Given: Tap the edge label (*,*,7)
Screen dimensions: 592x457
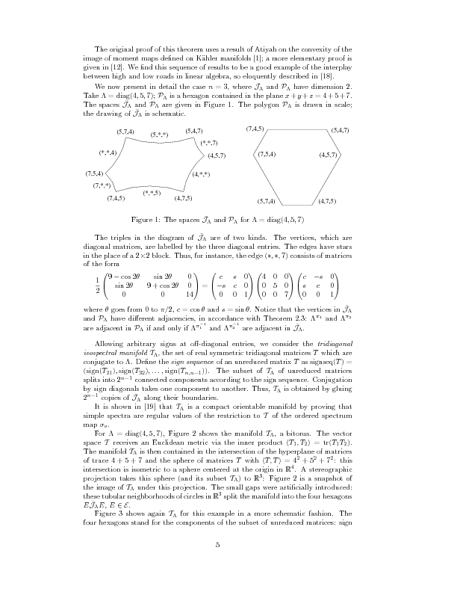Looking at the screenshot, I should pos(209,142).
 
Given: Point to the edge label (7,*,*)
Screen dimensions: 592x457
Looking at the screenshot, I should pos(102,185).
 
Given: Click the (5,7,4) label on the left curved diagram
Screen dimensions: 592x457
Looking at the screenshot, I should pos(125,132).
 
